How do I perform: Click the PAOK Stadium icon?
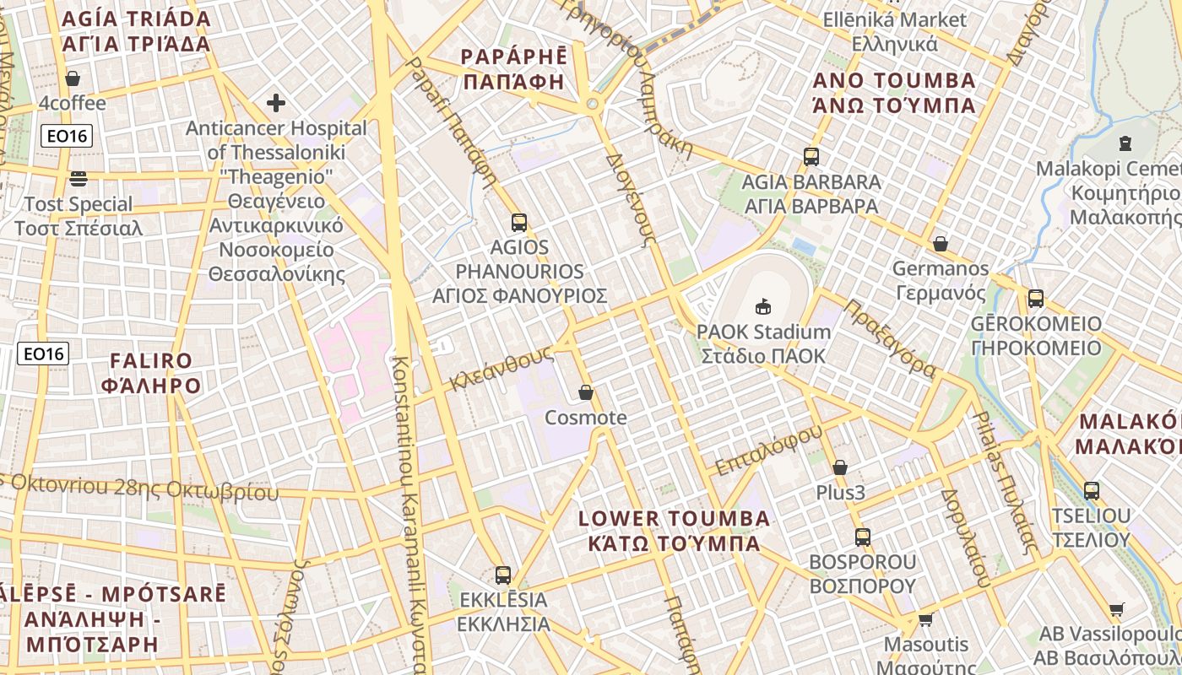(763, 305)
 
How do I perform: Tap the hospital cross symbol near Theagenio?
(276, 103)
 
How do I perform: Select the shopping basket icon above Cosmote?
(586, 392)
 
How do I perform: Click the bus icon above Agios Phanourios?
(519, 223)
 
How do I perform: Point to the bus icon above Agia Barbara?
(811, 156)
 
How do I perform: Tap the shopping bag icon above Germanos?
(940, 244)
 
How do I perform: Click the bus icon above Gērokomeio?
(1036, 298)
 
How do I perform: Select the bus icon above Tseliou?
(1092, 490)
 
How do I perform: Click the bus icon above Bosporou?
(862, 537)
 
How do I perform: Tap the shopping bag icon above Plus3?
(840, 467)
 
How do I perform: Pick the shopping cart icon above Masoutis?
(925, 620)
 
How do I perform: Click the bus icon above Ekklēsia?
(503, 575)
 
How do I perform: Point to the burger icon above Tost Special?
(79, 178)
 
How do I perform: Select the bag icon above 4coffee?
(73, 78)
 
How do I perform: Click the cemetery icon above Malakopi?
(1125, 143)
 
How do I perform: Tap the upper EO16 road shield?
(67, 136)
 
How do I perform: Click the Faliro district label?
(151, 373)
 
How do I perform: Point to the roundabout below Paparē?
(593, 104)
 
